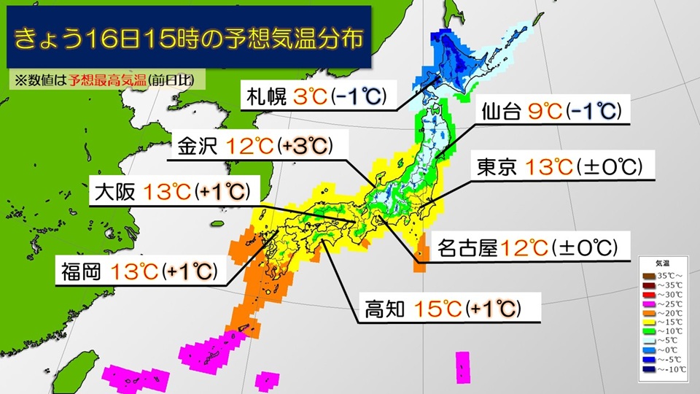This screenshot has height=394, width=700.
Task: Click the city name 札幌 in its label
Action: pos(268,96)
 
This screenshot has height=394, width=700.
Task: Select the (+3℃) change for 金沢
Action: pos(306,146)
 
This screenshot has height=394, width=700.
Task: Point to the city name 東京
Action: pos(497,168)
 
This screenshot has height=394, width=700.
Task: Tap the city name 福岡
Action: pos(82,272)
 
